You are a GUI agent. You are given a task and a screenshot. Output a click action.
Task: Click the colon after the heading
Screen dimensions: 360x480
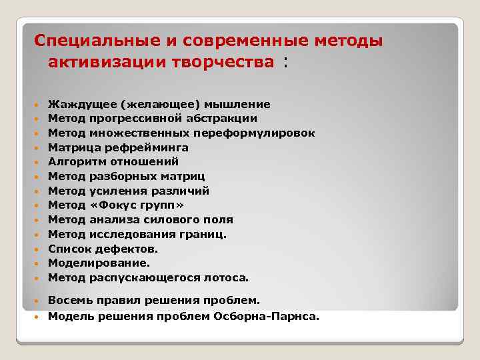click(x=286, y=62)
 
